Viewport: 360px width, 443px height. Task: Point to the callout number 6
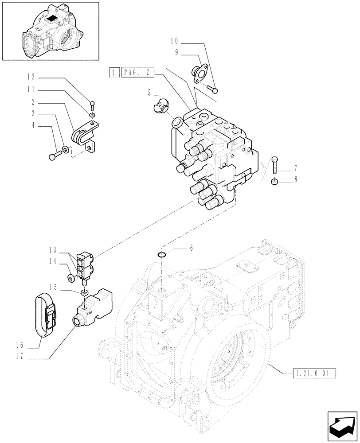point(191,249)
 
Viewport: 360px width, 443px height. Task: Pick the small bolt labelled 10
point(215,91)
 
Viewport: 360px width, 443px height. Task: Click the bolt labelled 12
point(92,105)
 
